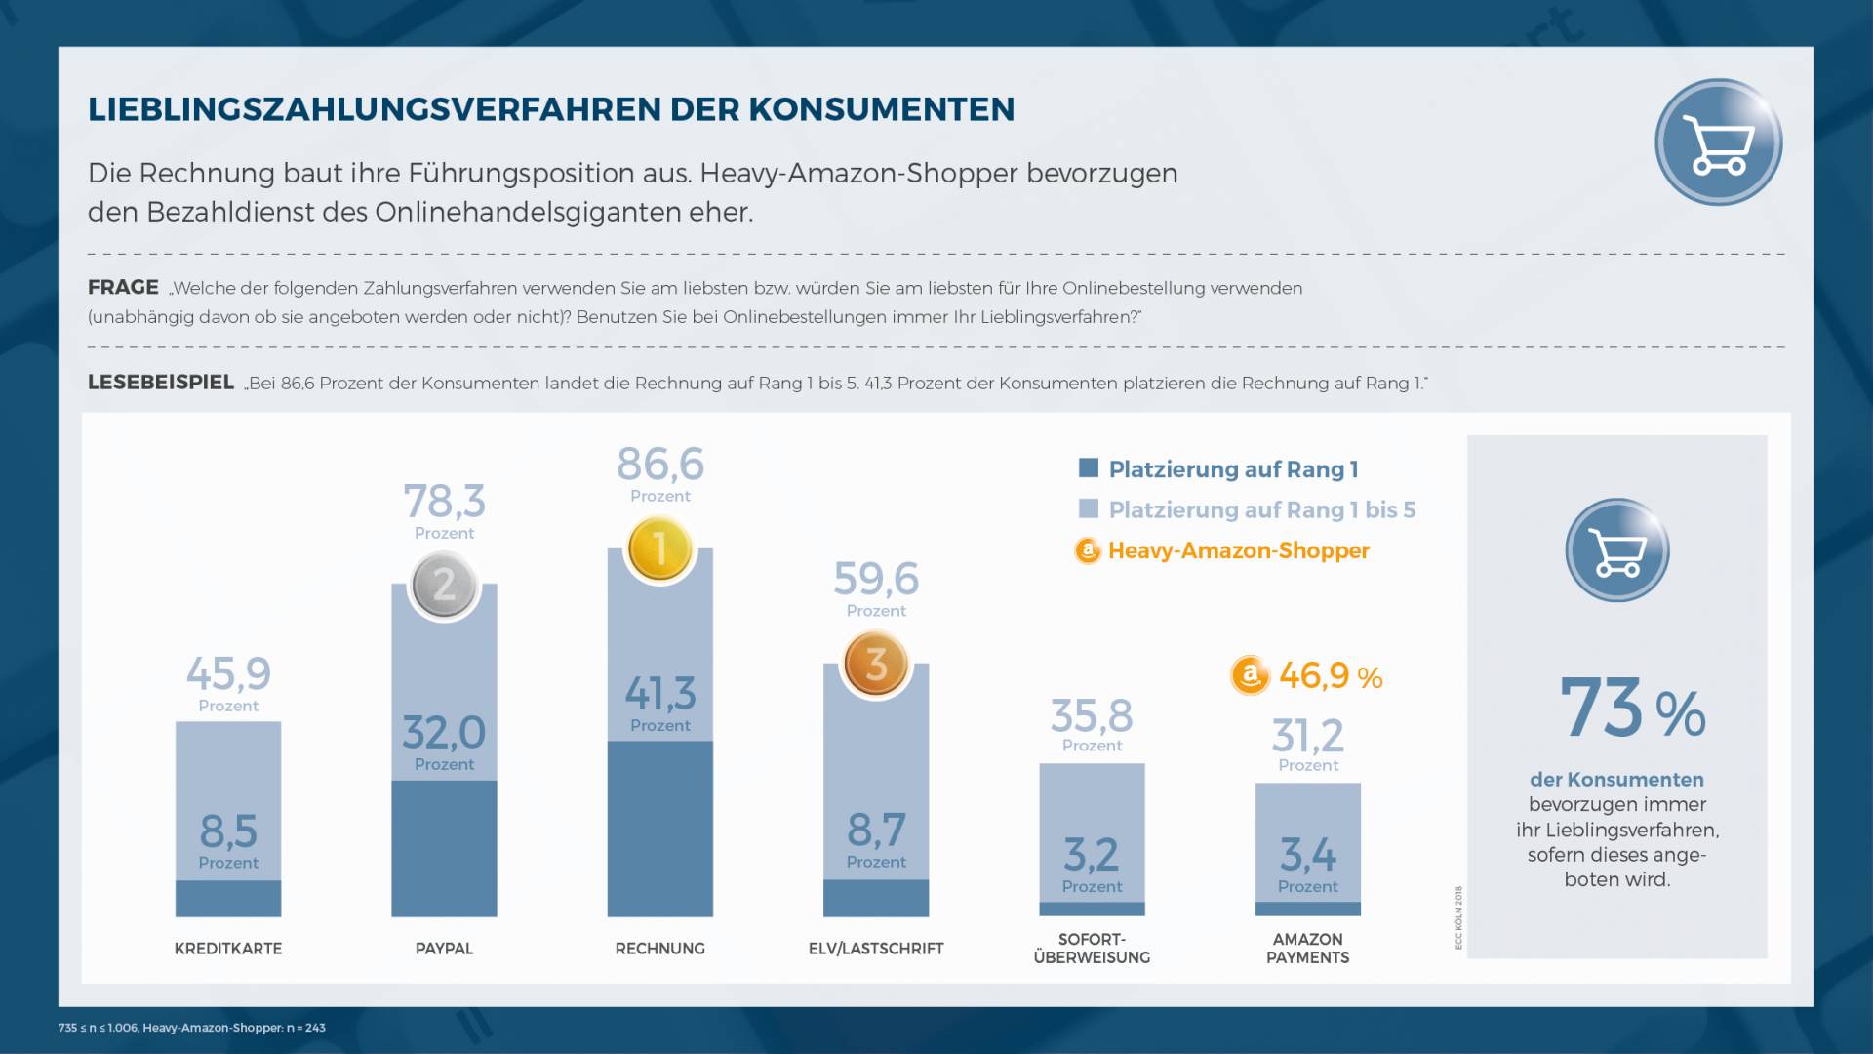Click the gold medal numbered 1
click(660, 548)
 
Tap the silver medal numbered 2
click(444, 586)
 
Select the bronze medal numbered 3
click(876, 665)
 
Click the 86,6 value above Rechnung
click(660, 465)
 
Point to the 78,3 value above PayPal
click(444, 502)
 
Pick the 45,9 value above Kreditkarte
click(228, 673)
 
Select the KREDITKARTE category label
click(228, 949)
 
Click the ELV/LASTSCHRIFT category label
click(876, 949)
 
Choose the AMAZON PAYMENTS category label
click(1308, 949)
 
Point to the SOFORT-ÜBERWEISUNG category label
click(1092, 949)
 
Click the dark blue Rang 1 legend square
click(1089, 468)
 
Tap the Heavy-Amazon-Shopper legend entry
click(1238, 550)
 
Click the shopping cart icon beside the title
click(1719, 142)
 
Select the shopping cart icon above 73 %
click(1617, 550)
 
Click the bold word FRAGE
click(123, 288)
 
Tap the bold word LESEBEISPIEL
click(161, 383)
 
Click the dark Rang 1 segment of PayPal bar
click(444, 849)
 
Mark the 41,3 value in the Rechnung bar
click(660, 694)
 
